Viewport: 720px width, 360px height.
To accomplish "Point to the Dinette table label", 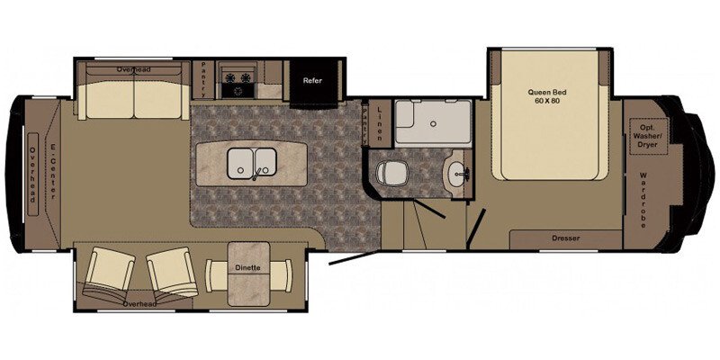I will (248, 267).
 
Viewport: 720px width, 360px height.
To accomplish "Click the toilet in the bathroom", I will (392, 172).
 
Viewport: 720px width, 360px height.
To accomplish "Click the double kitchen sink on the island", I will (252, 162).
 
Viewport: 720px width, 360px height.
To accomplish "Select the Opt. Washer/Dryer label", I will (649, 135).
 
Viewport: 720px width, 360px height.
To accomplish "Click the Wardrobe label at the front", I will (644, 200).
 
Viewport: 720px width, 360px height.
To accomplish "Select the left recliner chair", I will (108, 274).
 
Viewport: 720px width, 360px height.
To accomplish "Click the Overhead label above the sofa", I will (132, 68).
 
